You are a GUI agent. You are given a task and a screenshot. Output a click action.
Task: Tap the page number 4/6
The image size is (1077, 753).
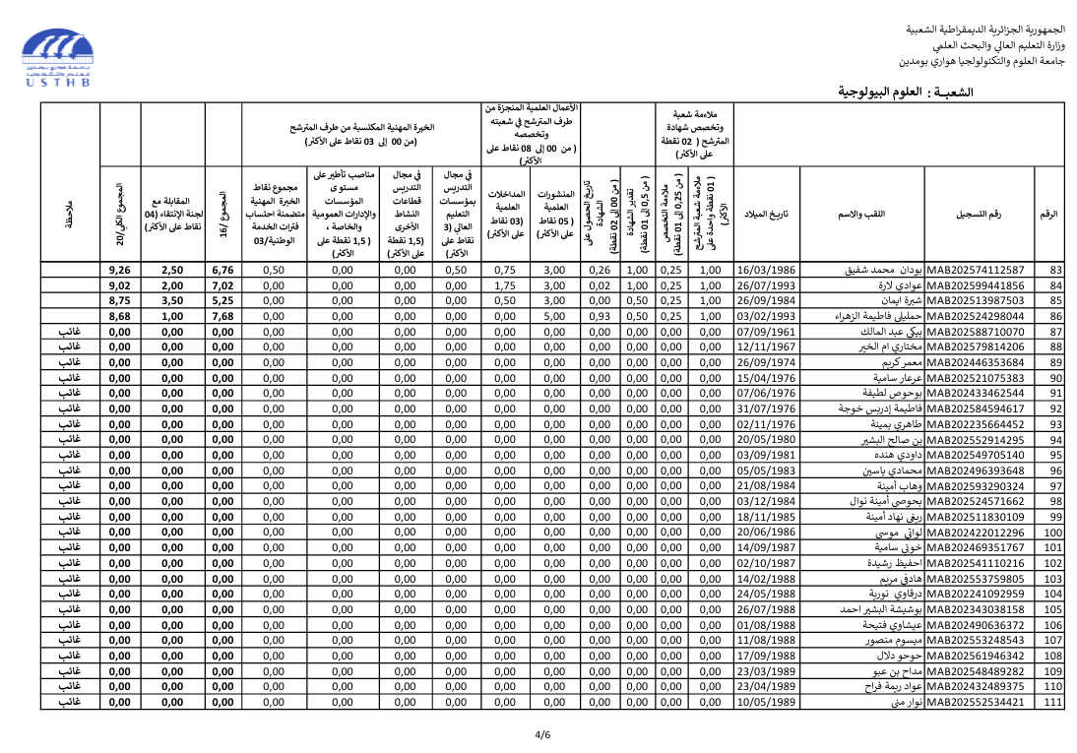pyautogui.click(x=542, y=734)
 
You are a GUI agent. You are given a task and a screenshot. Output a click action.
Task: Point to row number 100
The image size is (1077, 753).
pyautogui.click(x=1052, y=533)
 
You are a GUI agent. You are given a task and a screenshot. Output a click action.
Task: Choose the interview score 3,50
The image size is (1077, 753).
pyautogui.click(x=172, y=301)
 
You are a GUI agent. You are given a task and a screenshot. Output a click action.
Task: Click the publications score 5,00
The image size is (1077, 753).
pyautogui.click(x=554, y=317)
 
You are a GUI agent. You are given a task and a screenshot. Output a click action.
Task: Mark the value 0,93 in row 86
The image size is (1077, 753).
pyautogui.click(x=599, y=317)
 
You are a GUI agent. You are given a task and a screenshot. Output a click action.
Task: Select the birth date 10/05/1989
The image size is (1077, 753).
pyautogui.click(x=766, y=703)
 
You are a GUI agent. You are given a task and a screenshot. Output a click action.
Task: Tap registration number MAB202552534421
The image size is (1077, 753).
pyautogui.click(x=976, y=703)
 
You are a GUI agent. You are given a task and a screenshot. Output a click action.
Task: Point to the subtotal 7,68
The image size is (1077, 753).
pyautogui.click(x=222, y=317)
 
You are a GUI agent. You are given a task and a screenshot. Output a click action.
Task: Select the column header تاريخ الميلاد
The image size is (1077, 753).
pyautogui.click(x=766, y=215)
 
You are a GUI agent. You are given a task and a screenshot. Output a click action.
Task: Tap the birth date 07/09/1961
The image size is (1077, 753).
pyautogui.click(x=766, y=332)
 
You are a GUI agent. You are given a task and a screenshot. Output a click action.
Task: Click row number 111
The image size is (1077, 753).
pyautogui.click(x=1052, y=703)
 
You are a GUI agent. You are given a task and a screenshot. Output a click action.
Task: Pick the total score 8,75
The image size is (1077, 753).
pyautogui.click(x=120, y=301)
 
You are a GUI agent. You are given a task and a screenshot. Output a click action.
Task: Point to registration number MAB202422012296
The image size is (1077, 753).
pyautogui.click(x=976, y=533)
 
